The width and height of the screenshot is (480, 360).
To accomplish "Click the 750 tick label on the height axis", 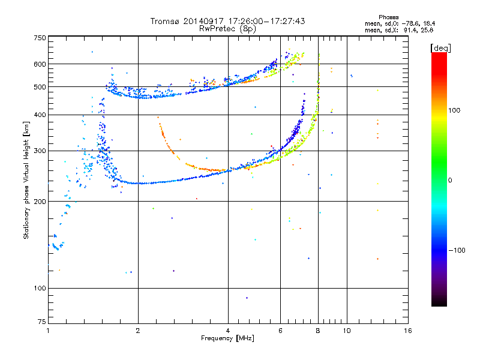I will pos(40,38).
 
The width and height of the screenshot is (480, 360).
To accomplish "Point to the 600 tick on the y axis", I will pos(40,64).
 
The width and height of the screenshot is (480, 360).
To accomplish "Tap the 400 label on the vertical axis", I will pos(40,115).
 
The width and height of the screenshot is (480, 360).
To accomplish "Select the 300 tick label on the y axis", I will pos(40,151).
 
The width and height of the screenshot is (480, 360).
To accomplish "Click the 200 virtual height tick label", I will pos(40,201).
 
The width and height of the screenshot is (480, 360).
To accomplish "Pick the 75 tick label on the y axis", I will pos(41,323).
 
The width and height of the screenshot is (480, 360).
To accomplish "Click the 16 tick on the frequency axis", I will pos(407,331).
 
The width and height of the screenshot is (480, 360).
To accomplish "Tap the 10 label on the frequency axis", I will pos(346,331).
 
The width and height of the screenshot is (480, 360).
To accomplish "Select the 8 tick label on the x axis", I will pos(318,331).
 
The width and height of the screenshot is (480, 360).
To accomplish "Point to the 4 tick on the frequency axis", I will pos(228,331).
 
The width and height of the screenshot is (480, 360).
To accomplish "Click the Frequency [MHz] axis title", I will pos(228,339).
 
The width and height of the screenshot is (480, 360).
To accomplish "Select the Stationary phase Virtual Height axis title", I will pos(26,180).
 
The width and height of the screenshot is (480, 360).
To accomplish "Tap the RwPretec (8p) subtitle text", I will pos(228,28).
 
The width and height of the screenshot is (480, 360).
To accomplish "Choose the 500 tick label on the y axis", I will pos(40,87).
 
